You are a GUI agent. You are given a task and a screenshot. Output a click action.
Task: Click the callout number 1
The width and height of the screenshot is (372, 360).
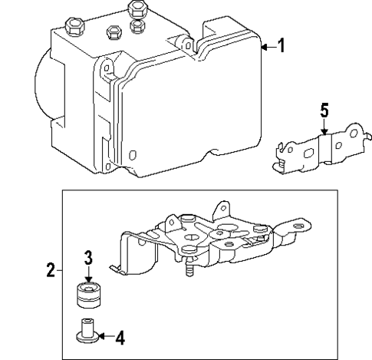point(281,47)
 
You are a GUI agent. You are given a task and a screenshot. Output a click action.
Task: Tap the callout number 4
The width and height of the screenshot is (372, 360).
point(120,335)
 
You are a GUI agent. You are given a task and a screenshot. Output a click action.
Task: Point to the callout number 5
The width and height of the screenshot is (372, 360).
point(324,111)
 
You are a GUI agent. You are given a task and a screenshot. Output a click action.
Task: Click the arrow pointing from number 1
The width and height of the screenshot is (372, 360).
point(266,48)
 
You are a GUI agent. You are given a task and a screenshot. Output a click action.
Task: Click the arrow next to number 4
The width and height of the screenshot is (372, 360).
point(104,335)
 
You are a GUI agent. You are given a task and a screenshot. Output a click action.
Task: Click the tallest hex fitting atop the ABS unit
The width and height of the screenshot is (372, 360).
point(138,9)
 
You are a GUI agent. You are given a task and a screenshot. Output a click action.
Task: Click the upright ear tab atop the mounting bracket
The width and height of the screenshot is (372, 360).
point(222,208)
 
